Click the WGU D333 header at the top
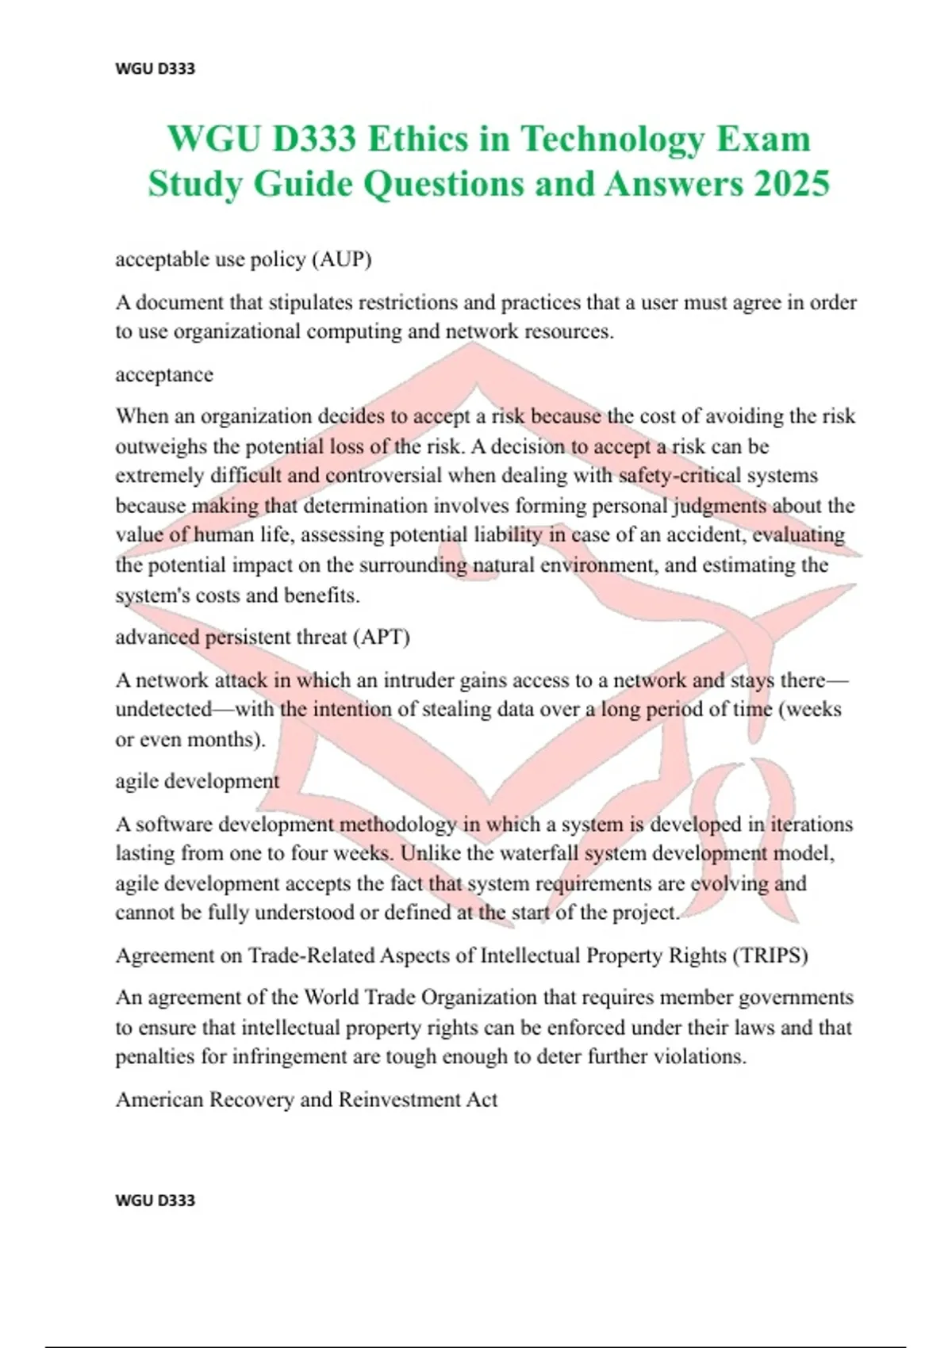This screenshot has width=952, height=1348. point(155,68)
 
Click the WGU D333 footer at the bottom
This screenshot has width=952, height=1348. point(155,1200)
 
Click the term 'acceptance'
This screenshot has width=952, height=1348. point(164,374)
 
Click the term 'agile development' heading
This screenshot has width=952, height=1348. point(198,781)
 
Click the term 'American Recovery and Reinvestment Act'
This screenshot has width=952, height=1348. point(306,1100)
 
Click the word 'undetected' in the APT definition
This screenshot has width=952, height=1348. point(163,710)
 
